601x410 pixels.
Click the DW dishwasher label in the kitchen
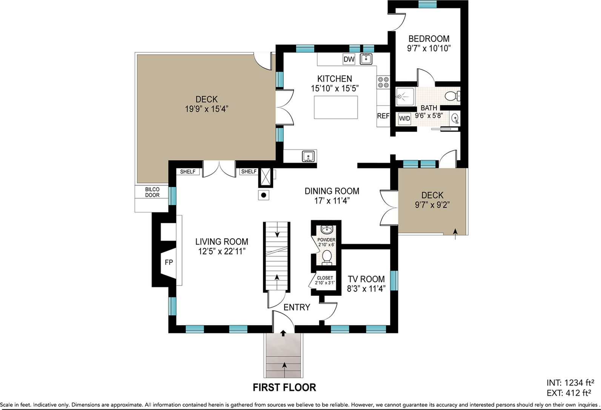tap(349, 59)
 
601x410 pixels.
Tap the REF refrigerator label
tap(383, 116)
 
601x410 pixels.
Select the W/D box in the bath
tap(404, 118)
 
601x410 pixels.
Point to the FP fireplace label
tap(169, 262)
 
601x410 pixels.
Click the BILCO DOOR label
tap(152, 192)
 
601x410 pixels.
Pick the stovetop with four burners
tap(383, 82)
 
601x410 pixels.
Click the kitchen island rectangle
tap(336, 107)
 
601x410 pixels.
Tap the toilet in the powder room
tap(326, 257)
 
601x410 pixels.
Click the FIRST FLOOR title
tap(284, 387)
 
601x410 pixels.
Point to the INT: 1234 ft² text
tap(570, 382)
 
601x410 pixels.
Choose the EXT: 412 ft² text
tap(569, 393)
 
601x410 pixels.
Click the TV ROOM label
tap(366, 279)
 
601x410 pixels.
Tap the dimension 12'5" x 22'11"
tap(222, 251)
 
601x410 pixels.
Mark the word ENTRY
tap(297, 307)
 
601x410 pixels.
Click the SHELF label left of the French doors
tap(188, 171)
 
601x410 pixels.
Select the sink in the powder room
tap(327, 229)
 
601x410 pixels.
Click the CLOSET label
tap(325, 278)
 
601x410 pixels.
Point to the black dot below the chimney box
tap(263, 195)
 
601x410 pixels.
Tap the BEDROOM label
tap(429, 39)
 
